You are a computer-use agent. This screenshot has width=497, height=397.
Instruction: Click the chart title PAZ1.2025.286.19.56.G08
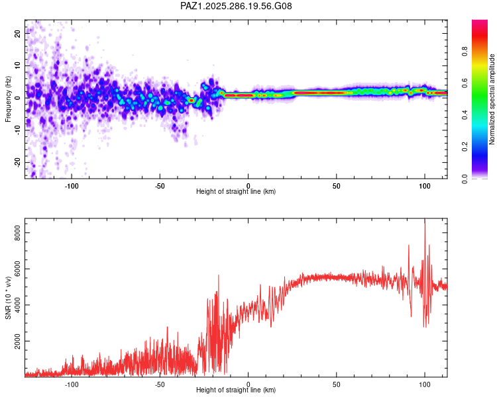[236, 6]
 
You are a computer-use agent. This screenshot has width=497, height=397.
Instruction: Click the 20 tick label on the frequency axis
[17, 33]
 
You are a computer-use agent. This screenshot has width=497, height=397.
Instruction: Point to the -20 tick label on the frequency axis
[17, 162]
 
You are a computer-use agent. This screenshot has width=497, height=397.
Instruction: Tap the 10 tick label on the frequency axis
[17, 66]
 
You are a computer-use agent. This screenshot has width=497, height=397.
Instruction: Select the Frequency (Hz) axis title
[8, 99]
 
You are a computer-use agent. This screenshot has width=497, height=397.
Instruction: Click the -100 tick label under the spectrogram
[72, 186]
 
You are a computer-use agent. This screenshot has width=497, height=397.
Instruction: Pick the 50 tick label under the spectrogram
[336, 186]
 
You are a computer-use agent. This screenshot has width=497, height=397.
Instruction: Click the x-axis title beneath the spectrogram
[236, 191]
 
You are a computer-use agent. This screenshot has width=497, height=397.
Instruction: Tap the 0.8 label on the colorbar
[465, 51]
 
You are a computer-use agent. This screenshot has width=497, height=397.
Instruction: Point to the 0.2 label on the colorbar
[465, 147]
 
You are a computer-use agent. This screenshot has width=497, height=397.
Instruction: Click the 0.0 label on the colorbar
[465, 179]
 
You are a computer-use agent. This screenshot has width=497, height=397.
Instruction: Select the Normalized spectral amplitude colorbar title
[492, 99]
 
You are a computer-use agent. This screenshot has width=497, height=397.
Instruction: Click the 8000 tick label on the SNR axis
[17, 233]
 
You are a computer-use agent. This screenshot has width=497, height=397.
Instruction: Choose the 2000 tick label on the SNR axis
[17, 341]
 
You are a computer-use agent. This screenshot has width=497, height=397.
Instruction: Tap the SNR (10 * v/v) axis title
[8, 298]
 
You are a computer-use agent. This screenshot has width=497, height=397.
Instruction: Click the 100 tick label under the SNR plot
[424, 384]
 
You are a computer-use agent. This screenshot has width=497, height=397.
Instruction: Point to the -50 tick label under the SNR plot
[160, 384]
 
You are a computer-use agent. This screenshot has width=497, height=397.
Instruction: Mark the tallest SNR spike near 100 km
[425, 219]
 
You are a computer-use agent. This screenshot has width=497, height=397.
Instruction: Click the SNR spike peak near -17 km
[219, 275]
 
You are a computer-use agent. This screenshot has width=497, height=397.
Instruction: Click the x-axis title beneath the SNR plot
[236, 390]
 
